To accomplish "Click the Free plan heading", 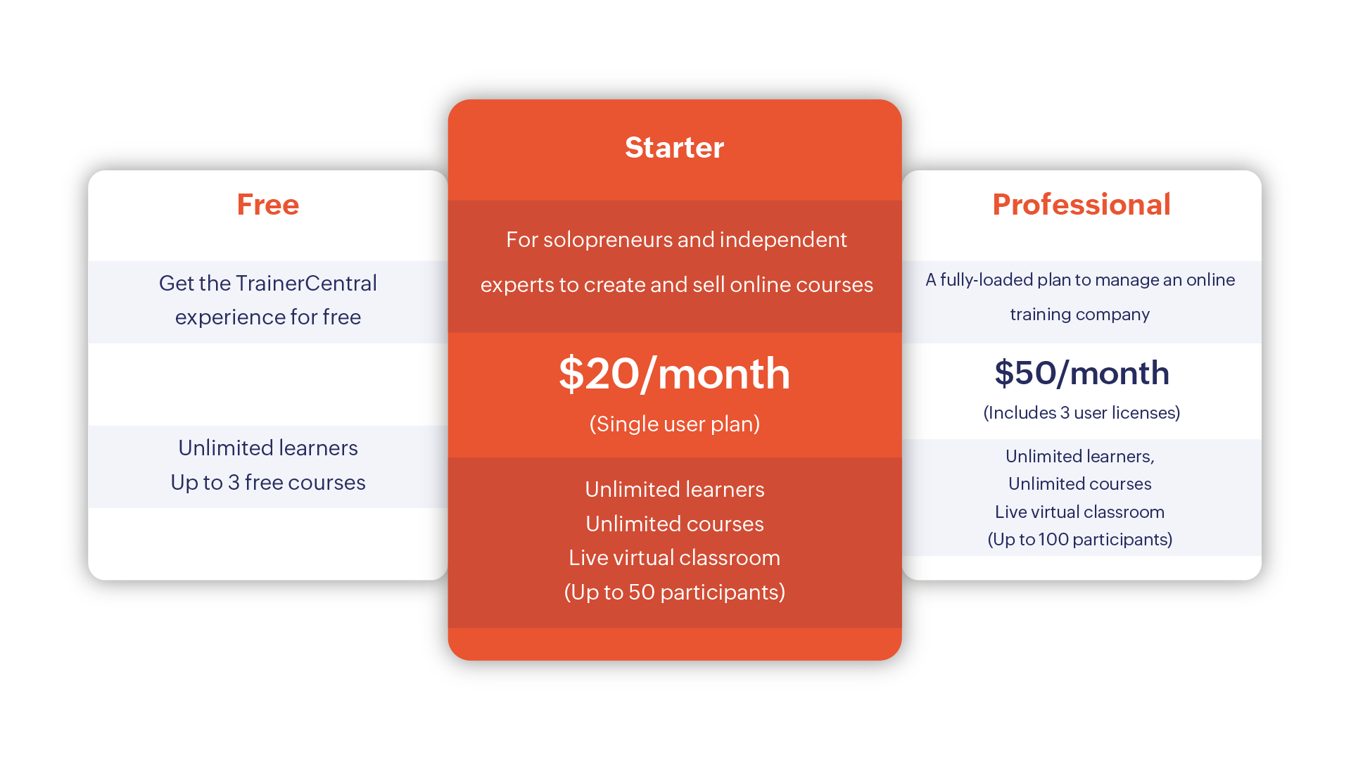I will pyautogui.click(x=268, y=205).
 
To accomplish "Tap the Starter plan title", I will pyautogui.click(x=674, y=148).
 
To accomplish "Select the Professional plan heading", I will pyautogui.click(x=1082, y=205).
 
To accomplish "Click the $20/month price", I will pyautogui.click(x=674, y=374).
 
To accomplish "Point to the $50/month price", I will pyautogui.click(x=1082, y=373).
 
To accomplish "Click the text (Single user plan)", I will pyautogui.click(x=674, y=424).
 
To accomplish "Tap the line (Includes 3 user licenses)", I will pyautogui.click(x=1082, y=412).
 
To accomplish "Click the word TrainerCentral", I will pyautogui.click(x=306, y=283).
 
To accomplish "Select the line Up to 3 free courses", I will pyautogui.click(x=268, y=482).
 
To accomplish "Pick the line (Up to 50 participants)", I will pyautogui.click(x=674, y=592).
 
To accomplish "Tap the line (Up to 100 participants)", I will pyautogui.click(x=1080, y=539).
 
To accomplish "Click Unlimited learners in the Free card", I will pyautogui.click(x=268, y=448).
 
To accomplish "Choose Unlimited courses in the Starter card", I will pyautogui.click(x=674, y=524).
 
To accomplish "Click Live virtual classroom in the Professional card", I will pyautogui.click(x=1080, y=512).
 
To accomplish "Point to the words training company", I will pyautogui.click(x=1080, y=314).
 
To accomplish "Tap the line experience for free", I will pyautogui.click(x=268, y=317).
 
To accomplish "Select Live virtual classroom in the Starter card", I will pyautogui.click(x=674, y=557).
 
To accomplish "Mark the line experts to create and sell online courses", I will pyautogui.click(x=676, y=285).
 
